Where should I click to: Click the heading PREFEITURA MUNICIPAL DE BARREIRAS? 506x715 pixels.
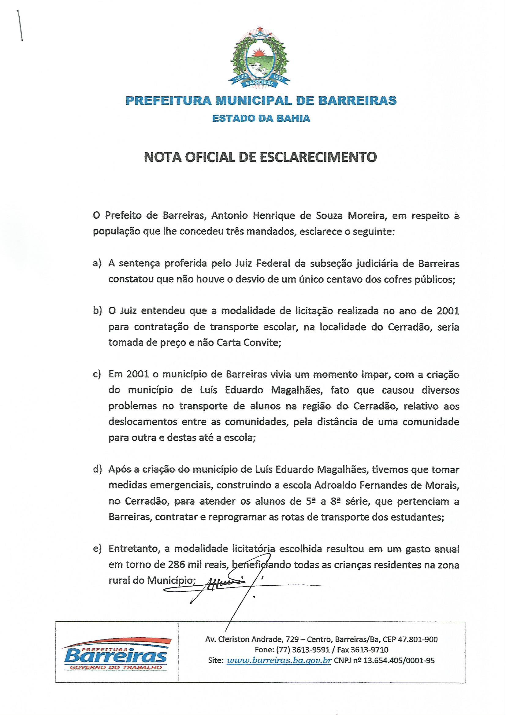[261, 100]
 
